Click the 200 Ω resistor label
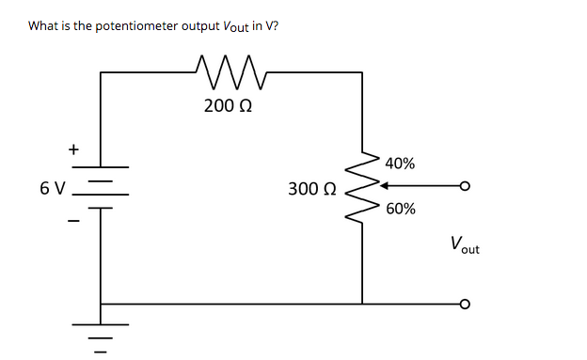tap(227, 105)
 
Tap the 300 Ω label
tap(310, 189)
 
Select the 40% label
tap(400, 163)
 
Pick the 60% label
tap(400, 209)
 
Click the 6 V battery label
tap(53, 188)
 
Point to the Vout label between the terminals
tap(464, 246)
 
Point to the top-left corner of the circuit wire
tap(101, 71)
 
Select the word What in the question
tap(44, 25)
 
